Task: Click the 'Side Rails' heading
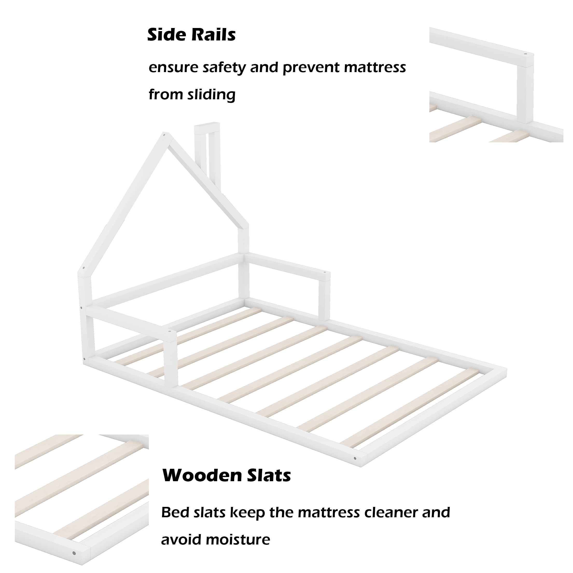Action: tap(191, 35)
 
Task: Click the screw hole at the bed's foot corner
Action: tap(355, 458)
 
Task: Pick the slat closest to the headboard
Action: tap(188, 336)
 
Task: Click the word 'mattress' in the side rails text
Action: tap(375, 67)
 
